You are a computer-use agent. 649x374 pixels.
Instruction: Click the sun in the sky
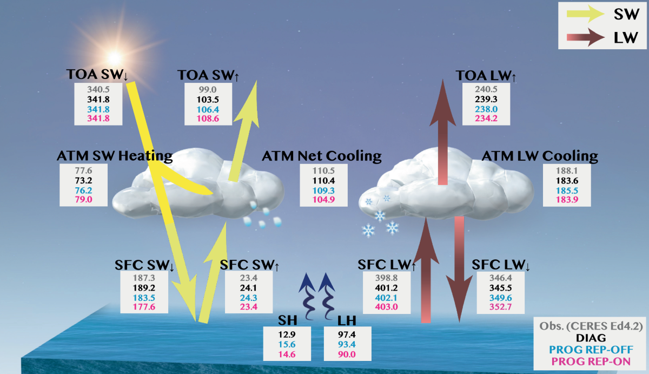(114, 56)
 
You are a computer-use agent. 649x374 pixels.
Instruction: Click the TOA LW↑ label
(486, 76)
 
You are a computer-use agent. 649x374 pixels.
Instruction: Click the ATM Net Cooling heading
(322, 157)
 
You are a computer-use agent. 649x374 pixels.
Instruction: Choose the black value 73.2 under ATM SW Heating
(84, 180)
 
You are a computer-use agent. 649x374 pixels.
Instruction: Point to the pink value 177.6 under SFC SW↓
(141, 307)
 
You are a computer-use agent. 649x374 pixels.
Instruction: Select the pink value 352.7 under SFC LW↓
(500, 307)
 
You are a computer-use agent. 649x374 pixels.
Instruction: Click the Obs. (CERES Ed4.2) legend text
(591, 327)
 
